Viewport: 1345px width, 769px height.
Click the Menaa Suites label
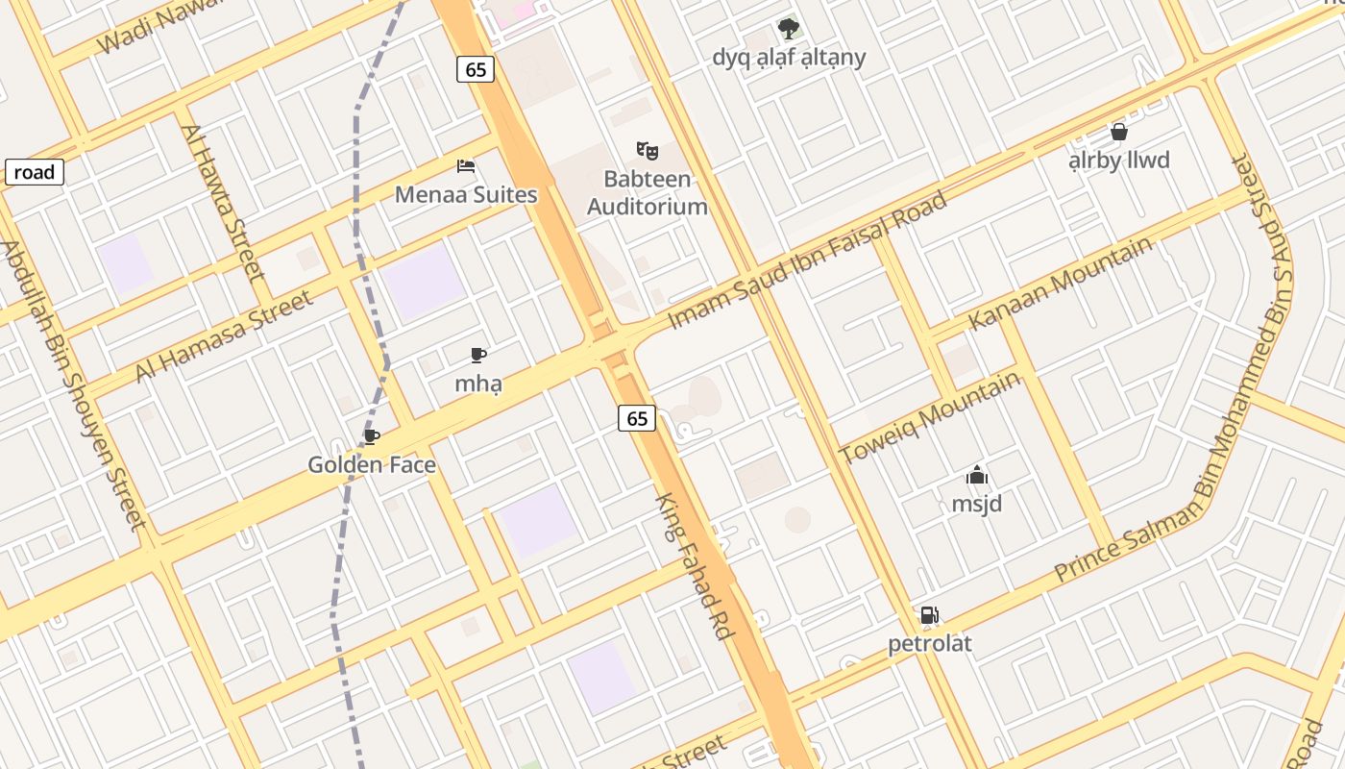point(466,194)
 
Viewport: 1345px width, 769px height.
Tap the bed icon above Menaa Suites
point(466,165)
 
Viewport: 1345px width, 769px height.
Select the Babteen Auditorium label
point(647,192)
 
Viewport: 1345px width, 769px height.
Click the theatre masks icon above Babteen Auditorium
point(648,150)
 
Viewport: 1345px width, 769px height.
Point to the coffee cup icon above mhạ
point(478,356)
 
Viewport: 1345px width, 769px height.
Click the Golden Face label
point(372,465)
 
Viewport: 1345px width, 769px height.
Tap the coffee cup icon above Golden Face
point(372,437)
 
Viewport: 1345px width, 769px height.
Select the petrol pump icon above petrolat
point(929,615)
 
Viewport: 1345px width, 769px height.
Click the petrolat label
point(929,643)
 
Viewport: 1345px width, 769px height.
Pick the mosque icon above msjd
point(977,475)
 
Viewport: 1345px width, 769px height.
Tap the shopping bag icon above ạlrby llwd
point(1118,132)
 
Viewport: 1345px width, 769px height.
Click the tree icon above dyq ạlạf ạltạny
point(789,29)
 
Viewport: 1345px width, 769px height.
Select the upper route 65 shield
point(476,69)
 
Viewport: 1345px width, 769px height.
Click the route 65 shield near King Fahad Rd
point(637,418)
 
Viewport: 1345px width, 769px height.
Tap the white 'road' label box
point(35,173)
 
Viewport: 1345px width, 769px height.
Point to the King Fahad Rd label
point(695,567)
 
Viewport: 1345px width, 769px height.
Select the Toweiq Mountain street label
point(929,417)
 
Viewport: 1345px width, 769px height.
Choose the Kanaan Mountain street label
point(1060,283)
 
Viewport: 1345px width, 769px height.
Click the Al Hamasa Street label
point(224,336)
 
